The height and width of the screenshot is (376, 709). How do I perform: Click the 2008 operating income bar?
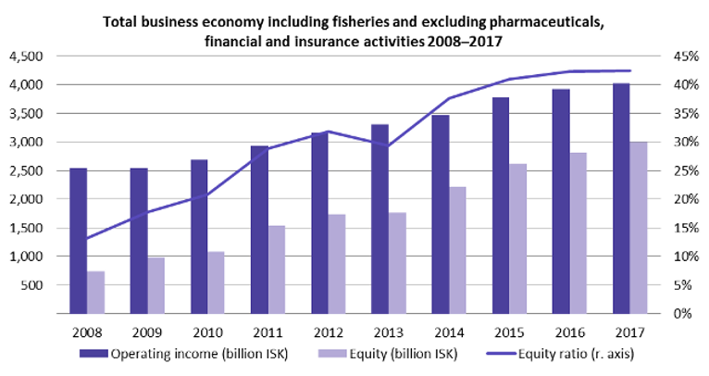[x=79, y=241]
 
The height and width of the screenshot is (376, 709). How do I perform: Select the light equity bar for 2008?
[x=96, y=293]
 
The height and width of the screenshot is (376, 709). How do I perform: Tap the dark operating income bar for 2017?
[x=621, y=198]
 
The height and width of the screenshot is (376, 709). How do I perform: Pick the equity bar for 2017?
[x=639, y=228]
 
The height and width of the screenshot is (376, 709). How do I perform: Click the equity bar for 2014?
[x=457, y=250]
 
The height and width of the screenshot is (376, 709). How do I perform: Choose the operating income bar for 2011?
[x=259, y=230]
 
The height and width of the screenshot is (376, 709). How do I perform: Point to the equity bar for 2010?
[x=217, y=282]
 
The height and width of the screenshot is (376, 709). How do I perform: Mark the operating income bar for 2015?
[x=501, y=206]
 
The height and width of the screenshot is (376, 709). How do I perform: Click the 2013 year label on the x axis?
[x=389, y=332]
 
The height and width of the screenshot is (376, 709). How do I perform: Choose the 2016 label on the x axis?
[x=569, y=332]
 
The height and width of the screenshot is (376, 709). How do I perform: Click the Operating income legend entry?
[x=183, y=354]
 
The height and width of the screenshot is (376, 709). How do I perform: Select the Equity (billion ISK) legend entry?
[x=388, y=354]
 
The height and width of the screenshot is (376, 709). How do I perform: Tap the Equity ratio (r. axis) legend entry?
[x=561, y=354]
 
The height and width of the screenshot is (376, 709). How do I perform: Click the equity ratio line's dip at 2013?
[x=388, y=145]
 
